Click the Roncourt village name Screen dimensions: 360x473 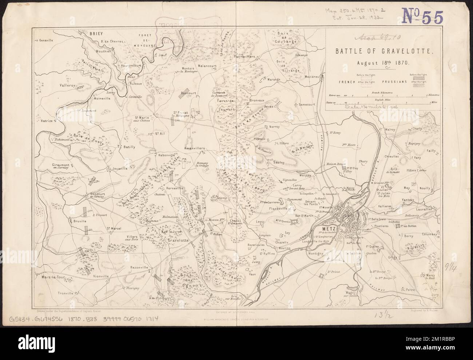188,93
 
